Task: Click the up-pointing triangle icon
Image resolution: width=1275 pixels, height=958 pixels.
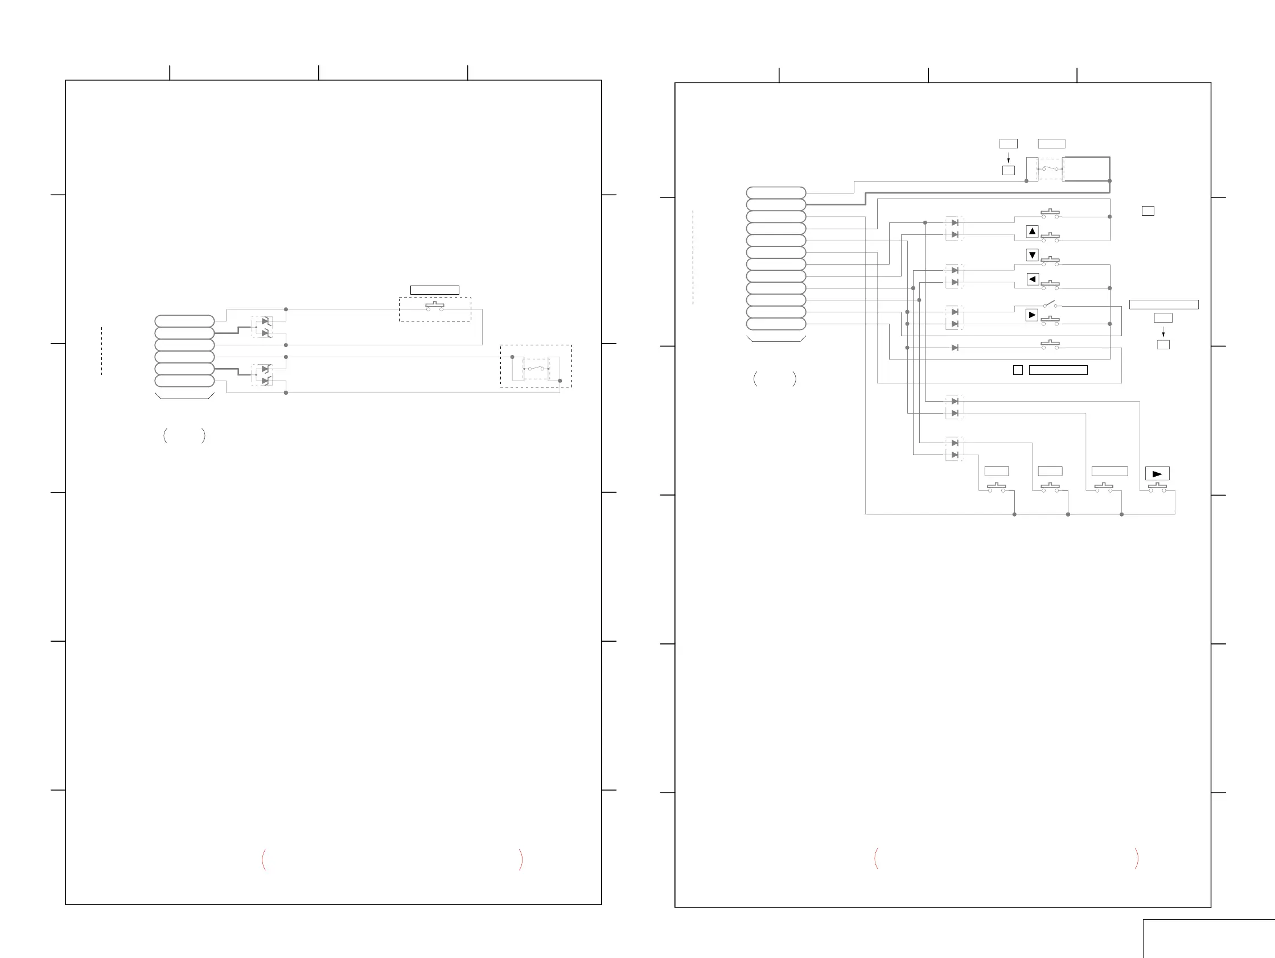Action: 1033,232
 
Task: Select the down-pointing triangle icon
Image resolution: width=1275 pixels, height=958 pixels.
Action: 1033,255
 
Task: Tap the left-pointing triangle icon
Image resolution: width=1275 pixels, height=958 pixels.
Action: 1033,279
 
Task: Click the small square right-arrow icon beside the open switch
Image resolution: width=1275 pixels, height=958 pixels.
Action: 1032,315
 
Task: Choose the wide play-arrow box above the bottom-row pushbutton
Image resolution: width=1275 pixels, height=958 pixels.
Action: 1157,473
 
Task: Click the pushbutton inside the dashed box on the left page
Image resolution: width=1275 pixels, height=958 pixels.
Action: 435,307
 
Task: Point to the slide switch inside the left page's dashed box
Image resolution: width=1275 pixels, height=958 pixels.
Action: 536,367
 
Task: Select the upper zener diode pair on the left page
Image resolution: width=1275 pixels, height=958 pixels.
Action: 263,327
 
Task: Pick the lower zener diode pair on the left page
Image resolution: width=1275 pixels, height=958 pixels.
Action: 263,375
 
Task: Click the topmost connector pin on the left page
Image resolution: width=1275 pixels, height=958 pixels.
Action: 184,321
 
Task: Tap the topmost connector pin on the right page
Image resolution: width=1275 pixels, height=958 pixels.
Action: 776,192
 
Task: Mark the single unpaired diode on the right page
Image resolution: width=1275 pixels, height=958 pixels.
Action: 955,348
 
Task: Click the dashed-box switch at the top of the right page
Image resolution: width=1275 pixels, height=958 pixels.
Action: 1050,169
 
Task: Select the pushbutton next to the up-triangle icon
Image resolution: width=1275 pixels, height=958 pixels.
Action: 1050,237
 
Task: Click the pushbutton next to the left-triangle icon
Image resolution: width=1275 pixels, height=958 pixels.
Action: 1050,284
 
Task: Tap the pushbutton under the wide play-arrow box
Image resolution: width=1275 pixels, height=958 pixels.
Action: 1157,488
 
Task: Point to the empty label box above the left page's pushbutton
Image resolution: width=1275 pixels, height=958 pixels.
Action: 435,290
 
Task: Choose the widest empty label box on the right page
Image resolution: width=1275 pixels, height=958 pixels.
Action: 1163,305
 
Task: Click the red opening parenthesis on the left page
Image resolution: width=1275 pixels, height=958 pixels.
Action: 264,860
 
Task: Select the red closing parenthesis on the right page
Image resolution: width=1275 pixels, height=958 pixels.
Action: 1136,858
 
